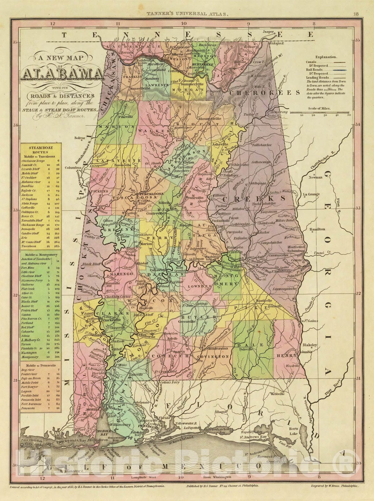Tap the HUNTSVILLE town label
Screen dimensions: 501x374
click(205, 64)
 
